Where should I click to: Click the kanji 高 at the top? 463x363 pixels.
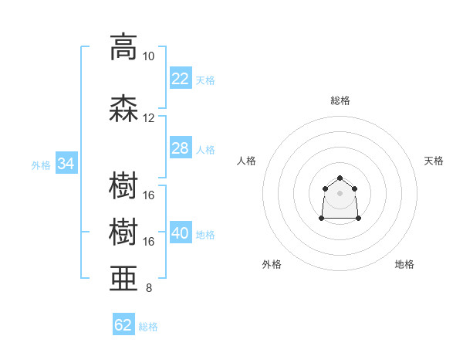(x=123, y=47)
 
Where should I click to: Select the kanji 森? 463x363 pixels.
(x=123, y=108)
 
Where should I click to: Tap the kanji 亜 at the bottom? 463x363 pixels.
(x=123, y=278)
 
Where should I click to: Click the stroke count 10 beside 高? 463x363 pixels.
(x=148, y=56)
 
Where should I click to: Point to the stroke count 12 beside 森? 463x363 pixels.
(x=148, y=118)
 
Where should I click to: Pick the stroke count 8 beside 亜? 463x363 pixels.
(x=149, y=288)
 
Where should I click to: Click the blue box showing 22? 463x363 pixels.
(x=181, y=78)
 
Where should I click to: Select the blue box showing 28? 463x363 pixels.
(x=181, y=148)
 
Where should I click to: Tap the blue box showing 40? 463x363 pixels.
(x=181, y=232)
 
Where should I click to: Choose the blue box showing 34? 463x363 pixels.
(x=66, y=163)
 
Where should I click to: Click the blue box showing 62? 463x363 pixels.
(x=123, y=324)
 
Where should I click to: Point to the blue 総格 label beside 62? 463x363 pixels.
(x=148, y=327)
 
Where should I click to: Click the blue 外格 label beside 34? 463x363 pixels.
(x=41, y=165)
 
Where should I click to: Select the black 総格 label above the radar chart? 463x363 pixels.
(x=340, y=100)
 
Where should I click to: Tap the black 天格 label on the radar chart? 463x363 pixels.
(x=434, y=161)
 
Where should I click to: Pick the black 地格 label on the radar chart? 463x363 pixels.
(x=404, y=264)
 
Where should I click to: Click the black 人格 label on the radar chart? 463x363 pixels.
(x=246, y=161)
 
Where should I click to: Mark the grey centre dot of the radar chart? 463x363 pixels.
(x=340, y=193)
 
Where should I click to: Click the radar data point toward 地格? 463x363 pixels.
(x=358, y=218)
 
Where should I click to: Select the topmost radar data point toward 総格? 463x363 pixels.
(x=340, y=178)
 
